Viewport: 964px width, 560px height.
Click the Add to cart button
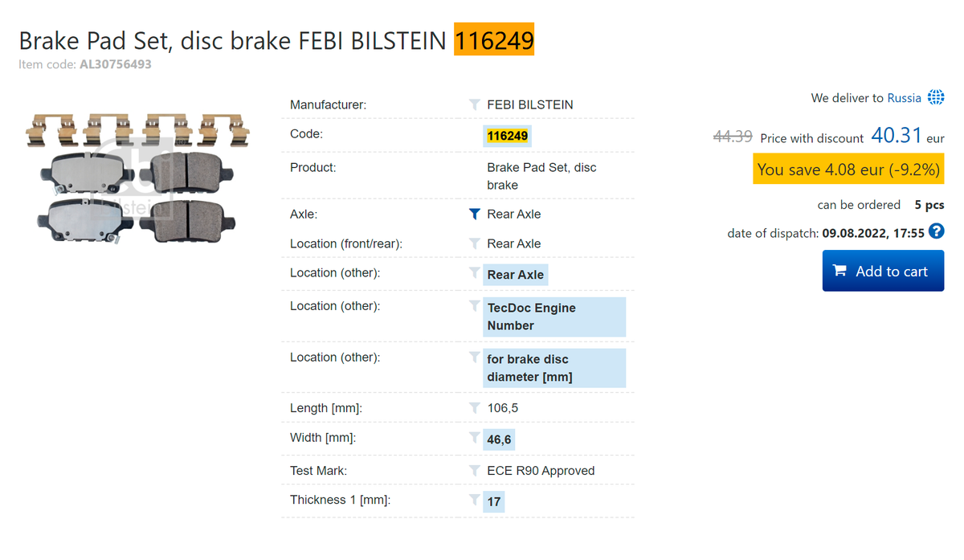(x=883, y=271)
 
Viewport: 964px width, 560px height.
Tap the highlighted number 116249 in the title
(x=493, y=39)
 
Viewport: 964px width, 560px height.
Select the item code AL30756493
(x=116, y=64)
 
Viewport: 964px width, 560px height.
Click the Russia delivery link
(x=904, y=98)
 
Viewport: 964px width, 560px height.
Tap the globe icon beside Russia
(x=936, y=97)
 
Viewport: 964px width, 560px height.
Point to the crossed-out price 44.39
(x=733, y=137)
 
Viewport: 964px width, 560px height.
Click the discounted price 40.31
(x=896, y=136)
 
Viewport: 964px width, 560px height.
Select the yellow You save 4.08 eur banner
(x=848, y=169)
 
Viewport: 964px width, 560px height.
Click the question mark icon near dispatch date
(x=936, y=231)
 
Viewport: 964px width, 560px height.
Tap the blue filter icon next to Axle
(x=474, y=214)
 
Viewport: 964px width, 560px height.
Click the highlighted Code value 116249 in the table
(x=507, y=136)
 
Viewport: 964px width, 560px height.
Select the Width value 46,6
(x=499, y=439)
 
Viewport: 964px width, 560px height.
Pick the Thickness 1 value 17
(x=493, y=502)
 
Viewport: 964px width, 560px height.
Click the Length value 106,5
(x=502, y=408)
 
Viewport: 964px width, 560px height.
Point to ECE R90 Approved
(x=541, y=471)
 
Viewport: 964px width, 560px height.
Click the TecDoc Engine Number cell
(x=554, y=317)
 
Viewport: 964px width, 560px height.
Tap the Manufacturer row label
(x=328, y=104)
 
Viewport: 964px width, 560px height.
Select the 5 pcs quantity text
(x=929, y=205)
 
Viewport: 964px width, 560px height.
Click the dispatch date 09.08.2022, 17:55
(x=872, y=233)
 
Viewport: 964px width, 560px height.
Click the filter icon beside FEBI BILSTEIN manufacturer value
(x=474, y=104)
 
